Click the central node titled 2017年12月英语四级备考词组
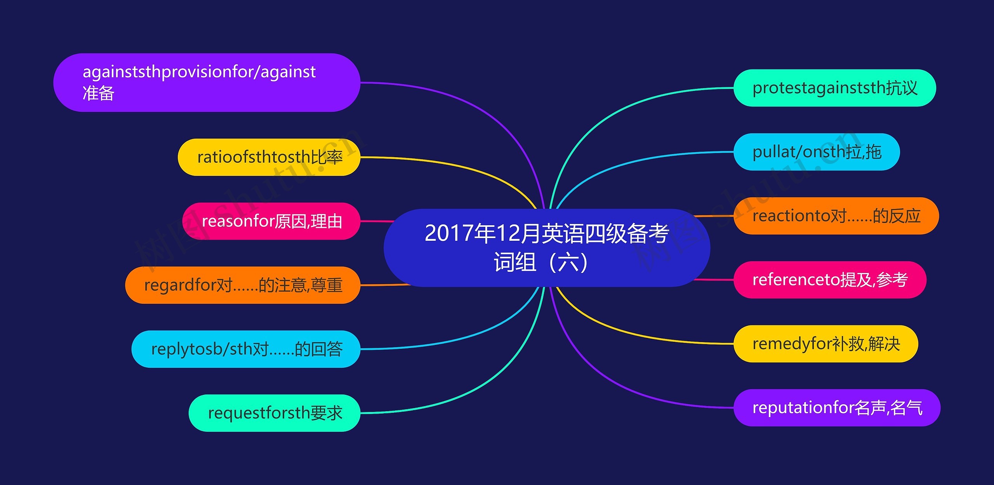coord(547,248)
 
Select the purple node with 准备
coord(207,83)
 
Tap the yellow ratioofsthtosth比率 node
coord(269,157)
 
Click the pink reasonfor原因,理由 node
coord(271,221)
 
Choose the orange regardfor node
coord(243,285)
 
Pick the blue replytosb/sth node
coord(246,349)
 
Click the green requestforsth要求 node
coord(274,413)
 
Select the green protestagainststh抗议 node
coord(834,88)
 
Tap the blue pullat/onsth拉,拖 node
coord(816,152)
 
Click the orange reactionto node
coord(836,216)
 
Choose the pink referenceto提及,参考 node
coord(829,280)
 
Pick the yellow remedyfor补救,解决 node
coord(825,344)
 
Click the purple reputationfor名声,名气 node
coord(837,408)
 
